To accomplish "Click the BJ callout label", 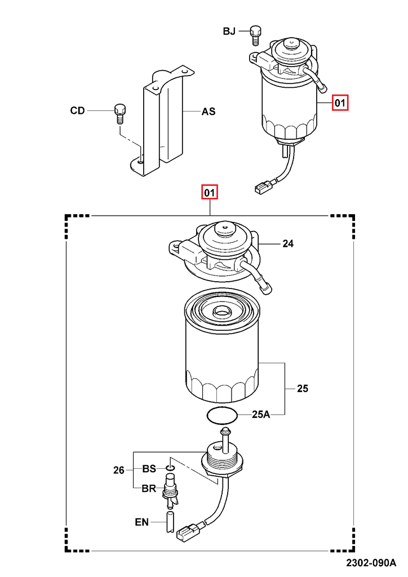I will coord(229,32).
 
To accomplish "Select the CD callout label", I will coord(77,110).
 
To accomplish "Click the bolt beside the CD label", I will coord(119,112).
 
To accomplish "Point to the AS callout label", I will coord(209,112).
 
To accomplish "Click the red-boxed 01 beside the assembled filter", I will coord(340,103).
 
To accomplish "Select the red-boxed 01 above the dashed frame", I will coord(210,193).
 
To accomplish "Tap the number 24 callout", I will coord(288,244).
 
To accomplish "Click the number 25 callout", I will coord(303,389).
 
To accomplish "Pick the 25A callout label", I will coord(261,415).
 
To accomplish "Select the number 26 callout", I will coord(118,470).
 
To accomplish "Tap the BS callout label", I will coord(149,468).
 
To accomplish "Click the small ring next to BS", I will coord(171,468).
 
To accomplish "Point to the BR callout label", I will coord(149,489).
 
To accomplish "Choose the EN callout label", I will coord(142,522).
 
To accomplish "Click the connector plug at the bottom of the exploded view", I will coord(187,531).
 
